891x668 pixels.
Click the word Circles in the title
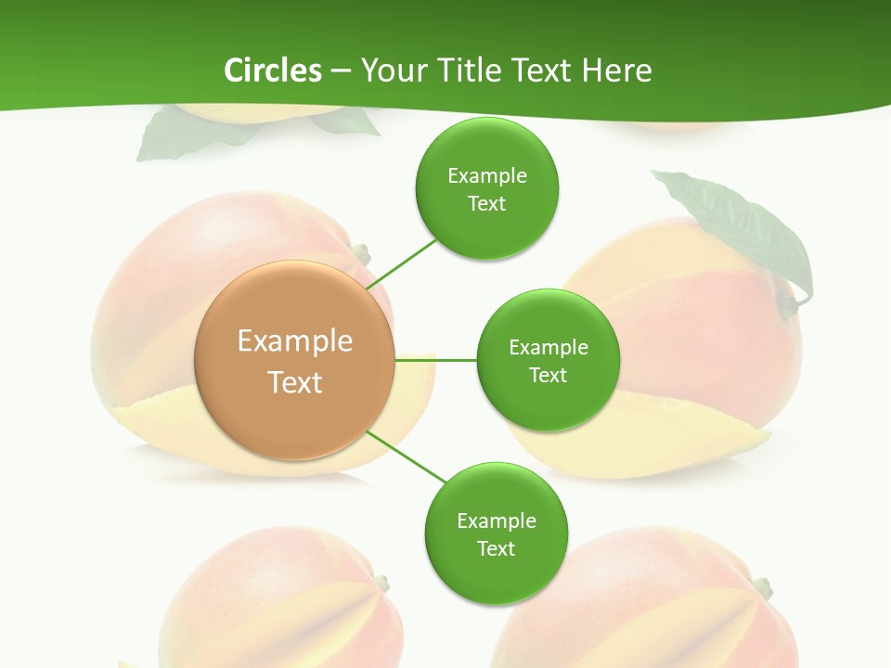click(x=272, y=71)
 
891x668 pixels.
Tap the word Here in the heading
click(x=616, y=71)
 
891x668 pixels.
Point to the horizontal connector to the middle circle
click(x=436, y=359)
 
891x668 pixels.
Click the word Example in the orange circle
click(x=294, y=340)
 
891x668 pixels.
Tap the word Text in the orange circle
click(x=294, y=382)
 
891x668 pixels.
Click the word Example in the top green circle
click(x=486, y=175)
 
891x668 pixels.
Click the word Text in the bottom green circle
click(x=496, y=548)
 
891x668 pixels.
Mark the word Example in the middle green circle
click(x=548, y=347)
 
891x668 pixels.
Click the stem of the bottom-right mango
click(x=762, y=586)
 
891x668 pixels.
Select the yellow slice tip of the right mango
click(x=752, y=437)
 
